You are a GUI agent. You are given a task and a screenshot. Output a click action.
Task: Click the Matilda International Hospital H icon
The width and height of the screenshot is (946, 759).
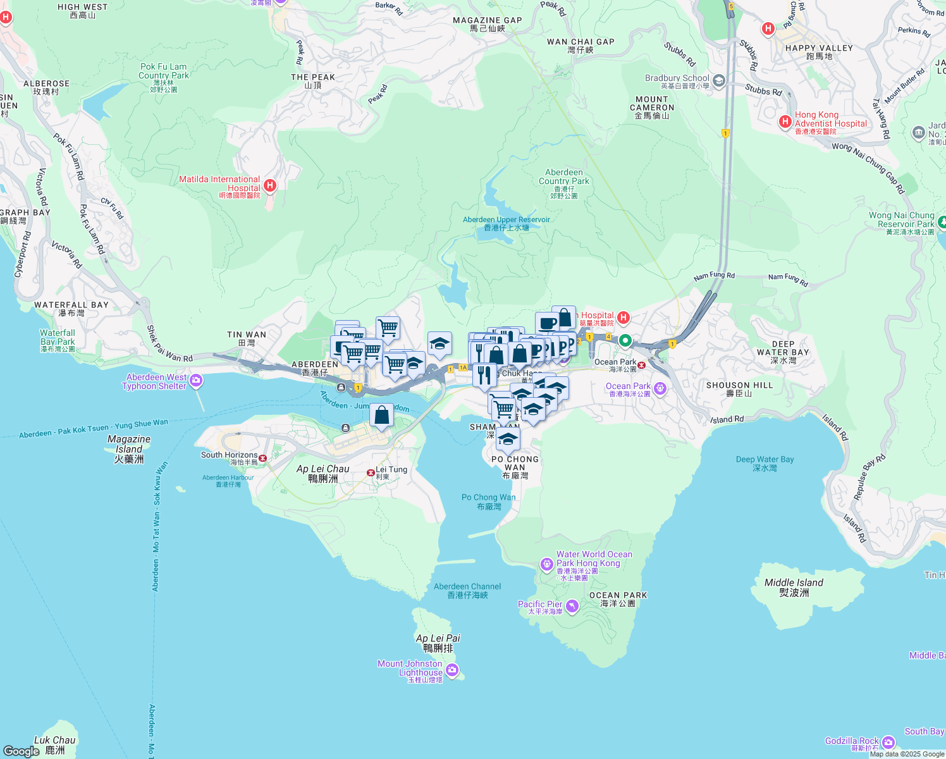[x=270, y=185]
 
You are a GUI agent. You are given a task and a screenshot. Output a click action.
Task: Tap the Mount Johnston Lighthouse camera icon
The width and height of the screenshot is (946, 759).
[x=451, y=670]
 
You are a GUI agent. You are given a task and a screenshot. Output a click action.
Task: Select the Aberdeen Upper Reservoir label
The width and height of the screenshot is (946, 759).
[x=506, y=223]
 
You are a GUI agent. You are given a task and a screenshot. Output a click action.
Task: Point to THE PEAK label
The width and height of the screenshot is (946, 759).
[x=313, y=81]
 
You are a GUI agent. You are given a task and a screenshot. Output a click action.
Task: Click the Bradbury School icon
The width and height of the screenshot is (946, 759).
[x=718, y=81]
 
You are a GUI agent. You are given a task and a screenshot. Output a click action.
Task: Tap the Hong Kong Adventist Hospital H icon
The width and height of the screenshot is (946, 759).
[x=785, y=121]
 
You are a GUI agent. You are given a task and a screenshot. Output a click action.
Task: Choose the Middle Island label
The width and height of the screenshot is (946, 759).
[x=794, y=587]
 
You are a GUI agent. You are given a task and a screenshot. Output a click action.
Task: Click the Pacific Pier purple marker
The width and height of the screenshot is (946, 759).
[x=572, y=607]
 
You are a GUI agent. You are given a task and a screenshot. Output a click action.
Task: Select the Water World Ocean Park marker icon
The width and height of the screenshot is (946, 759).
[x=546, y=564]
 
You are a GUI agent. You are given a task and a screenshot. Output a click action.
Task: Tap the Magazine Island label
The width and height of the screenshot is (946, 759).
[x=129, y=448]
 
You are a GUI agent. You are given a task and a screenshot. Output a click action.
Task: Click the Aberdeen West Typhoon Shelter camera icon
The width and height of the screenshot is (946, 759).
[x=196, y=381]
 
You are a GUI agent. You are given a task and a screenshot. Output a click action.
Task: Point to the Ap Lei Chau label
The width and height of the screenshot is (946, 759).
[x=322, y=473]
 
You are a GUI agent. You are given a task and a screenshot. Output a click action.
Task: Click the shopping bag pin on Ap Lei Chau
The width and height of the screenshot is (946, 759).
[x=381, y=416]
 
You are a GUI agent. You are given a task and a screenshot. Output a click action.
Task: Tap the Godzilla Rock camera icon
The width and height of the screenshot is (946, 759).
[x=888, y=742]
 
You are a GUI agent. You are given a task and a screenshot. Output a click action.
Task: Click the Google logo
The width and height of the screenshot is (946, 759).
[x=21, y=751]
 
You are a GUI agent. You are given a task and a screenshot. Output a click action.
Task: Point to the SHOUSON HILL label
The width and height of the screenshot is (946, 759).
[x=739, y=388]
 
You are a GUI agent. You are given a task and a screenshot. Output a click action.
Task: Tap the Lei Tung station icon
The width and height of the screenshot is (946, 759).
[x=371, y=472]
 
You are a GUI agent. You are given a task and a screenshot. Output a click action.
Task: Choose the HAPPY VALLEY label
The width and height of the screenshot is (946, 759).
[x=819, y=52]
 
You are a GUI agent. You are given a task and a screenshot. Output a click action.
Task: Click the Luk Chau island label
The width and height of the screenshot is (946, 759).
[x=55, y=744]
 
